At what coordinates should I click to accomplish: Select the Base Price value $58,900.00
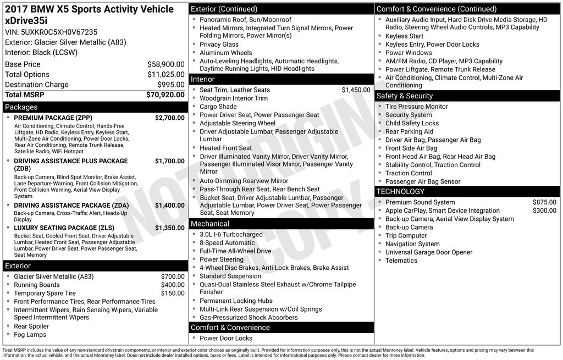click(165, 64)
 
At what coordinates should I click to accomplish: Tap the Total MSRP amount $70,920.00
click(165, 95)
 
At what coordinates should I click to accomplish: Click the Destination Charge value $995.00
click(171, 85)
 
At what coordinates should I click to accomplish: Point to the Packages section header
click(21, 107)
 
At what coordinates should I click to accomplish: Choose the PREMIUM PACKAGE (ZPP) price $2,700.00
click(169, 118)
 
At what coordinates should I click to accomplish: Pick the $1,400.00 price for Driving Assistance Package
click(169, 206)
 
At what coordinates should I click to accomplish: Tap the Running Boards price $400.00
click(173, 285)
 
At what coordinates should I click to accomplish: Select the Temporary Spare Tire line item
click(45, 293)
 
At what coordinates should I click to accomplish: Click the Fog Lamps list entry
click(30, 335)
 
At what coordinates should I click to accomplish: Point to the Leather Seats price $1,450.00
click(356, 90)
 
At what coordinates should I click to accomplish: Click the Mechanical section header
click(210, 224)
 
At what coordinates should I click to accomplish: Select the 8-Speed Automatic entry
click(227, 243)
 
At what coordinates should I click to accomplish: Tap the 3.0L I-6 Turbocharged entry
click(231, 235)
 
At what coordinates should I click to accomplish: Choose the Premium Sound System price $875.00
click(544, 202)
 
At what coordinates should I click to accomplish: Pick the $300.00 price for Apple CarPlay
click(544, 211)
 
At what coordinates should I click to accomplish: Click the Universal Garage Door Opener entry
click(429, 252)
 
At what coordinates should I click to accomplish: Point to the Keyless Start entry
click(404, 36)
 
